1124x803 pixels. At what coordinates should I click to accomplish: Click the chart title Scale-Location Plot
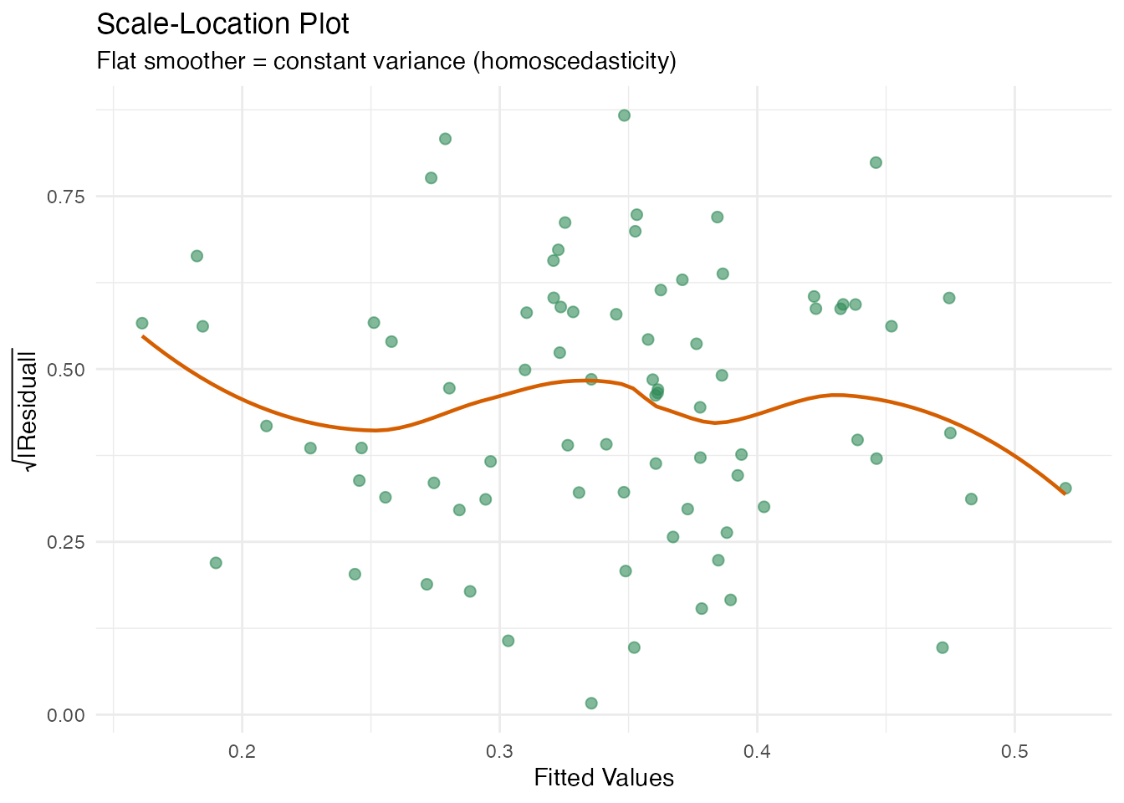pos(223,24)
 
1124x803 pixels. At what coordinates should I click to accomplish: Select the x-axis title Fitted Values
pos(604,778)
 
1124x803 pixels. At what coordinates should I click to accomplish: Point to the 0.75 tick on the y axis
pos(67,197)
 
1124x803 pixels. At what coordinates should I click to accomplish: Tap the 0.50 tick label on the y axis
pos(67,369)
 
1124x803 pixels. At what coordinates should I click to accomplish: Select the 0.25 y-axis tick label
pos(67,542)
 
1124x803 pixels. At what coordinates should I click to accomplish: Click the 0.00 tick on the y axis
pos(67,714)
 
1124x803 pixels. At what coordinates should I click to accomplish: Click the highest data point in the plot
pos(624,115)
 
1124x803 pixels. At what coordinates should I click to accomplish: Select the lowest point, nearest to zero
pos(591,703)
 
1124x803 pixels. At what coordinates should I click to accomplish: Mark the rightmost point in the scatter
pos(1065,488)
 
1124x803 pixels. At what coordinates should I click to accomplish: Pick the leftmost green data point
pos(142,323)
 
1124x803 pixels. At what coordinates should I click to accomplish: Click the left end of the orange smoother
pos(143,336)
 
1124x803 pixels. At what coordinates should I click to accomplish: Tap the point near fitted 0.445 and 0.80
pos(876,162)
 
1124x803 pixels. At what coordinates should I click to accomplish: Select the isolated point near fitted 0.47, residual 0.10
pos(943,647)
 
